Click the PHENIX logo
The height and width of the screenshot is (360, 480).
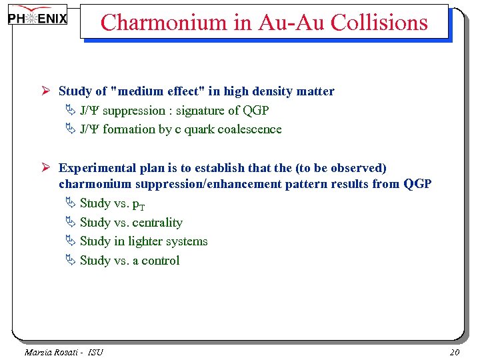38,18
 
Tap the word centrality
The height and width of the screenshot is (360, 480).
157,223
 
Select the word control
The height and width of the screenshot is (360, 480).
161,261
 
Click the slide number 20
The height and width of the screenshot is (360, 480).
455,352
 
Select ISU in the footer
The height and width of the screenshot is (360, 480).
95,352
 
